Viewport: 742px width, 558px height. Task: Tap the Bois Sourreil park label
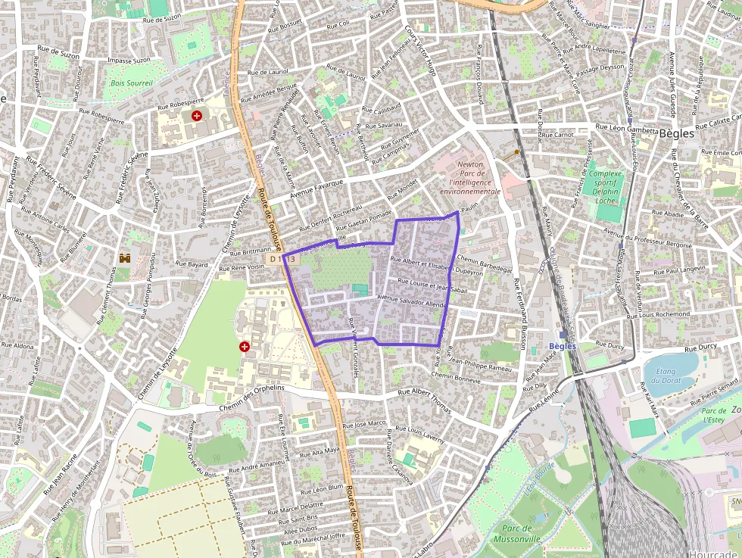(131, 83)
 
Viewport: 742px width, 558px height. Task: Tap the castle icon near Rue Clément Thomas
(124, 258)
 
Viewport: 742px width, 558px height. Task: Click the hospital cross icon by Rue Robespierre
(197, 116)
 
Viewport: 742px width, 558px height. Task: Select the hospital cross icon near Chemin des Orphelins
(245, 346)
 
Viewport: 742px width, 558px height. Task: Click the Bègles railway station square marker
(563, 335)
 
